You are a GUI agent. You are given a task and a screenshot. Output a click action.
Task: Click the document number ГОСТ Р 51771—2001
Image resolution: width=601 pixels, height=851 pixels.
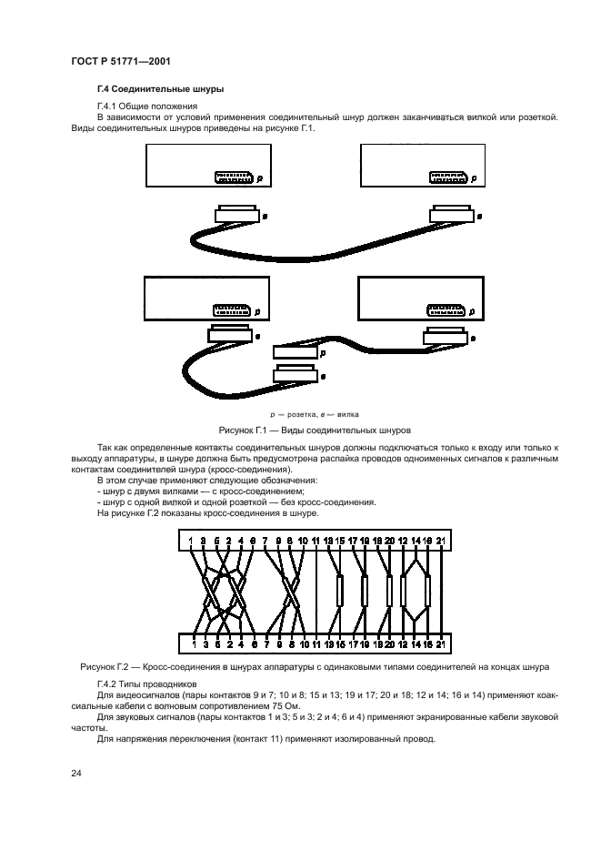pyautogui.click(x=121, y=63)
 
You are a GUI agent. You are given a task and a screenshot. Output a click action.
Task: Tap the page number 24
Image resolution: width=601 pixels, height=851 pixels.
pyautogui.click(x=76, y=773)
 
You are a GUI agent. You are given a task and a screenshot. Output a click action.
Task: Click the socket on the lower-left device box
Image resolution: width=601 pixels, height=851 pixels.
pyautogui.click(x=230, y=310)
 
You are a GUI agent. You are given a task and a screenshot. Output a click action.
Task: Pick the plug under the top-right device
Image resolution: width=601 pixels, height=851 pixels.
pyautogui.click(x=451, y=215)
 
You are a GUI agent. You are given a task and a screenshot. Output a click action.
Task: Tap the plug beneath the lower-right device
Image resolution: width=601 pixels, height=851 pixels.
pyautogui.click(x=445, y=337)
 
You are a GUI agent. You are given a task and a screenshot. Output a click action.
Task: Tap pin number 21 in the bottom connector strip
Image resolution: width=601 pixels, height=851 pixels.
pyautogui.click(x=440, y=644)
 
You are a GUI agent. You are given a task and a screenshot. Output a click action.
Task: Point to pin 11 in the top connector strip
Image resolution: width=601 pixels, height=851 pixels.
pyautogui.click(x=316, y=543)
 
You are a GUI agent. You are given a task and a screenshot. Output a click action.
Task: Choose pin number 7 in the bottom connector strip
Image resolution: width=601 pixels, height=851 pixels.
pyautogui.click(x=266, y=644)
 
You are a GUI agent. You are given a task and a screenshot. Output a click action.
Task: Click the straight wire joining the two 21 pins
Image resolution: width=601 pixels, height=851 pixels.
pyautogui.click(x=440, y=593)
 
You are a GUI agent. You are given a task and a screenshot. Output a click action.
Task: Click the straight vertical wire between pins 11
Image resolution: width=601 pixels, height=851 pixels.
pyautogui.click(x=315, y=593)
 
